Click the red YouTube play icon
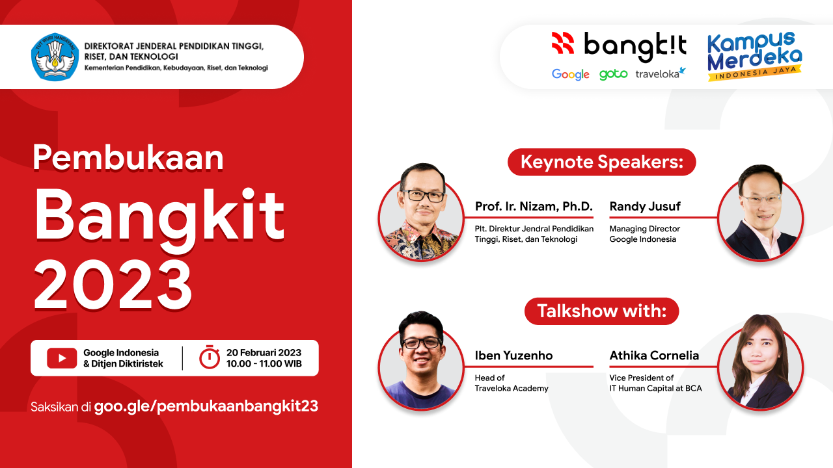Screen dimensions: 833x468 coord(62,358)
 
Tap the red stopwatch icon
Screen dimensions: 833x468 coord(210,357)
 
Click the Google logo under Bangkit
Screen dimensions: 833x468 coord(571,74)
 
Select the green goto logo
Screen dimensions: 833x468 coord(613,75)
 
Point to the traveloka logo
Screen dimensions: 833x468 coord(661,73)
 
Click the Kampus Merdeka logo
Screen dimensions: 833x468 coord(754,56)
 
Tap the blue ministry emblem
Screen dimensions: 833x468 coord(55,57)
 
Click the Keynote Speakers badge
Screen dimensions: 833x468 coord(602,162)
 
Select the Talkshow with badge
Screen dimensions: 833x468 coord(602,311)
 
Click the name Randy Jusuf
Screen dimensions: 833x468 coord(645,206)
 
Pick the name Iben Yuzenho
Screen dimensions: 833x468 coord(513,356)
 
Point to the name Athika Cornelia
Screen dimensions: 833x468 coord(654,356)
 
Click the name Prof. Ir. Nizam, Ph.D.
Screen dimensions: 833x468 coord(534,207)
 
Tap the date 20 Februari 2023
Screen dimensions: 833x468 coord(264,352)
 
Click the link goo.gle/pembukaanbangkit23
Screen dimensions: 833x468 coord(206,406)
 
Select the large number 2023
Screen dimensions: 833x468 coord(113,285)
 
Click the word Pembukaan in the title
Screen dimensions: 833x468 coord(128,157)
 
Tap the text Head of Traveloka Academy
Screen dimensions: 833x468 coord(512,383)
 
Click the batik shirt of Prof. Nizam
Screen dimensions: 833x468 coord(421,240)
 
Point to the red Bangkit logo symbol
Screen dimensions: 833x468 coord(563,43)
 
